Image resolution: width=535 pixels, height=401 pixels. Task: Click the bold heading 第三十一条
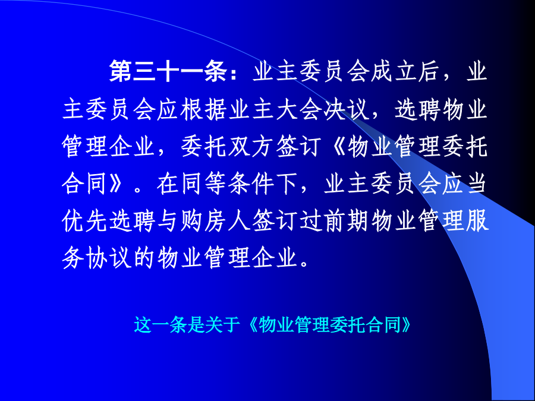[x=168, y=71]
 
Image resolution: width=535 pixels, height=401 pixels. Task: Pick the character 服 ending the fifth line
[x=478, y=221]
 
